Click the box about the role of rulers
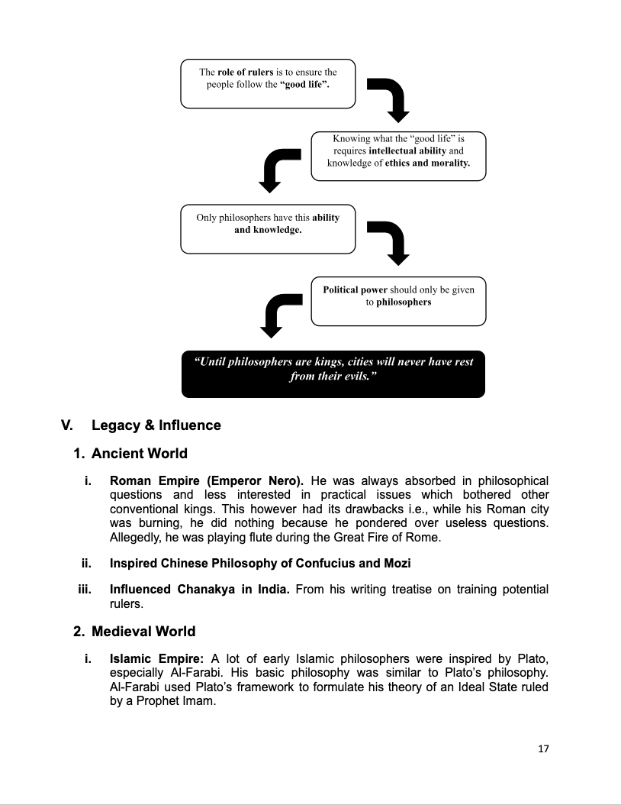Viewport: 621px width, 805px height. pos(268,83)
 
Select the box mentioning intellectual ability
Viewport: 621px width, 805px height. pos(398,156)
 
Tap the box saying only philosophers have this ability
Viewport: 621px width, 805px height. pos(268,228)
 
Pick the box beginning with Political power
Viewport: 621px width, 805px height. pos(398,301)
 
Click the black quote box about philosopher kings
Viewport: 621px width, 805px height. pos(333,373)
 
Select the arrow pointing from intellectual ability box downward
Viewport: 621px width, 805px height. pos(279,169)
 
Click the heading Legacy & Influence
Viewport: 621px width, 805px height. pos(156,425)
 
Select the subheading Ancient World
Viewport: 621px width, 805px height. pos(139,454)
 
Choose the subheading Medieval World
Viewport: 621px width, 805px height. pos(143,632)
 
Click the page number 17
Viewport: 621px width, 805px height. pos(543,748)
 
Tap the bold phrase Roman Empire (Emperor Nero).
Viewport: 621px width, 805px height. pos(207,481)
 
